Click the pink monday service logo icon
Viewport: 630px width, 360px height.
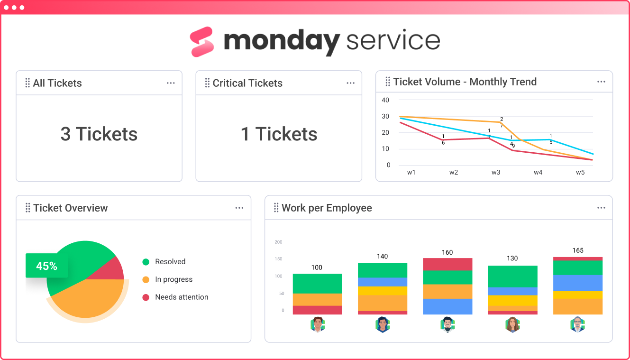click(202, 42)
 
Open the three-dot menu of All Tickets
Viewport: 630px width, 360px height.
click(171, 83)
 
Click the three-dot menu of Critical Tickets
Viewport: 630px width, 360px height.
click(350, 83)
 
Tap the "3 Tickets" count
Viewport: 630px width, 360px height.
click(99, 134)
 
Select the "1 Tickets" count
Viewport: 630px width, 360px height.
click(279, 134)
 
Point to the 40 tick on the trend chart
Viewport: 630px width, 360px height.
click(385, 100)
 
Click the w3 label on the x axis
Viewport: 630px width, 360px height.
click(495, 173)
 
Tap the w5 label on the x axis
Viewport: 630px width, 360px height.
click(580, 173)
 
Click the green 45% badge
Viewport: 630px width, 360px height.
click(46, 266)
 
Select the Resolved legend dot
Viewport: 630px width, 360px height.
click(146, 262)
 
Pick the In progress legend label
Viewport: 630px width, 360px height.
click(173, 279)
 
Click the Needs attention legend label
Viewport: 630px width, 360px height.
click(182, 297)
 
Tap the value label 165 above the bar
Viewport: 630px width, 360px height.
click(578, 250)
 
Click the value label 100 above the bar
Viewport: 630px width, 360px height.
click(317, 268)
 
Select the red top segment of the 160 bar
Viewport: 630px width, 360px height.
click(447, 264)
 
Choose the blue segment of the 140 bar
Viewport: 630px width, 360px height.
click(382, 282)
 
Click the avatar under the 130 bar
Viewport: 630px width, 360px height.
click(512, 325)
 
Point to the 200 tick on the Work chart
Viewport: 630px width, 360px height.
click(278, 242)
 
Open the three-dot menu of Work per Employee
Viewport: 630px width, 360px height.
click(601, 208)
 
